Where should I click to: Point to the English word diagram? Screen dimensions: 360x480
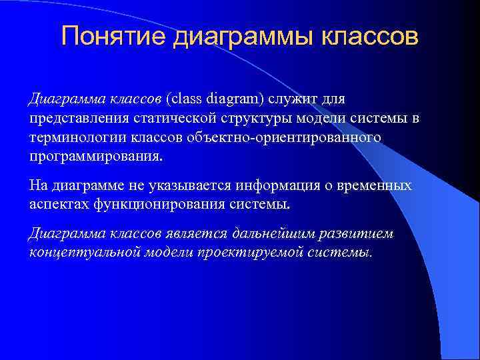click(235, 100)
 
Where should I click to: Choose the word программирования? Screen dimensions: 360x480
click(95, 157)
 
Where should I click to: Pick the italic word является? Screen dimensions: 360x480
click(197, 234)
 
